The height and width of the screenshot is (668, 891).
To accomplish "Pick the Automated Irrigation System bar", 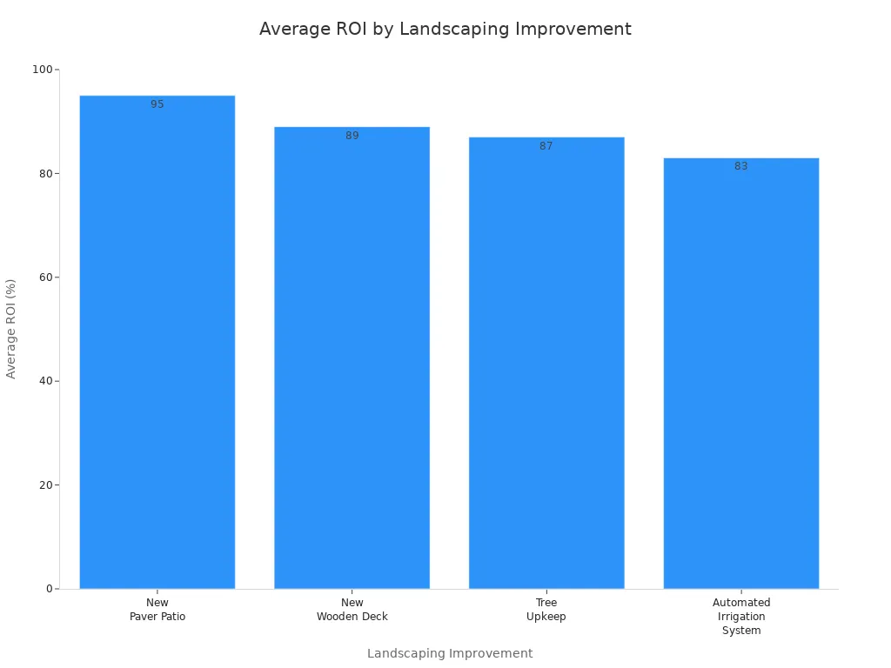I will pyautogui.click(x=741, y=373).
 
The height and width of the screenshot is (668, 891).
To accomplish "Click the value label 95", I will pyautogui.click(x=157, y=104).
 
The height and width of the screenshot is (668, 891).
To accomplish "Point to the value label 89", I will pyautogui.click(x=352, y=136).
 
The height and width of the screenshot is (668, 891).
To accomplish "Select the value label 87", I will pyautogui.click(x=546, y=146).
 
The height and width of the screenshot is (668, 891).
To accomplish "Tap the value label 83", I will pyautogui.click(x=741, y=166).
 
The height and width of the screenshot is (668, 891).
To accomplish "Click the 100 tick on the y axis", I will pyautogui.click(x=41, y=70).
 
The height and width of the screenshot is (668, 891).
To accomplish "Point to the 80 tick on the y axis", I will pyautogui.click(x=44, y=173).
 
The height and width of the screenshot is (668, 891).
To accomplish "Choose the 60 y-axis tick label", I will pyautogui.click(x=44, y=277).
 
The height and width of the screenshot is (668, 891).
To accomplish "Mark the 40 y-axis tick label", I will pyautogui.click(x=44, y=381).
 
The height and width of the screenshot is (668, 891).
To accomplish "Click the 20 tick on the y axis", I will pyautogui.click(x=44, y=484).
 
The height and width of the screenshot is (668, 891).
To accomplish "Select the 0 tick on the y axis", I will pyautogui.click(x=49, y=589).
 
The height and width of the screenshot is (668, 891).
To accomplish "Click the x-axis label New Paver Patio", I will pyautogui.click(x=157, y=610).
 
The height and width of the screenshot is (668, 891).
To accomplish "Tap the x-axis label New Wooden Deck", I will pyautogui.click(x=352, y=610).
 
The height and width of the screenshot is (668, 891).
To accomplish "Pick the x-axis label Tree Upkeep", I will pyautogui.click(x=546, y=610).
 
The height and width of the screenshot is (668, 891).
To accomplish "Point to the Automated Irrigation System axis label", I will pyautogui.click(x=741, y=617).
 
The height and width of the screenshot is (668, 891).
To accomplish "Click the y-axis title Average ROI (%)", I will pyautogui.click(x=11, y=329).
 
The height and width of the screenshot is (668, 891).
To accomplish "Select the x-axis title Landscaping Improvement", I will pyautogui.click(x=450, y=653).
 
